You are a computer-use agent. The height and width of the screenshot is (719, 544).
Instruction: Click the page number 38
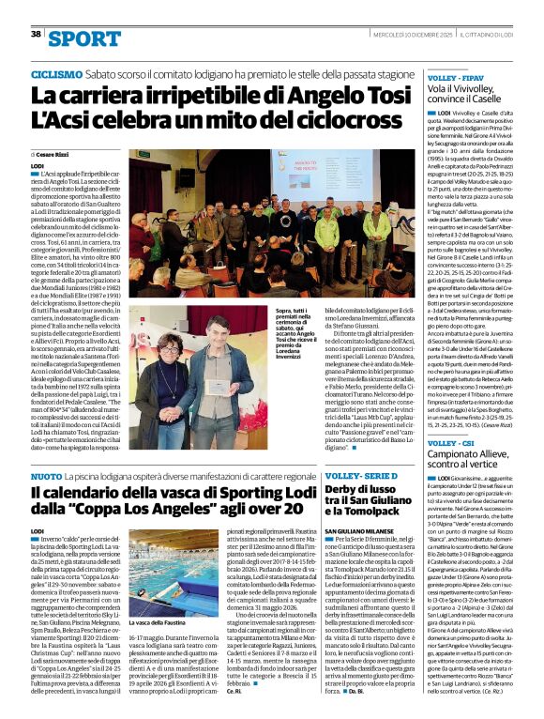point(35,33)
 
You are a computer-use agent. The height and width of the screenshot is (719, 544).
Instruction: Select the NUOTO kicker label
point(47,478)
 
